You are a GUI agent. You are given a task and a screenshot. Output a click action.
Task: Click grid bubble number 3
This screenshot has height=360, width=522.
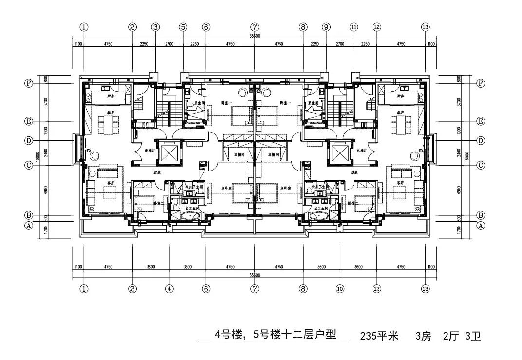pyautogui.click(x=155, y=27)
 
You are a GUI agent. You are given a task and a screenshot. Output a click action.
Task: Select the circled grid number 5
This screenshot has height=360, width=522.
pyautogui.click(x=183, y=27)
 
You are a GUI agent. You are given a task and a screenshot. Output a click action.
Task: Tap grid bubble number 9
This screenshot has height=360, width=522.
pyautogui.click(x=326, y=27)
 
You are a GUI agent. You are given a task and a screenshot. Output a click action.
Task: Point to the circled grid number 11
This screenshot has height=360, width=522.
pyautogui.click(x=354, y=27)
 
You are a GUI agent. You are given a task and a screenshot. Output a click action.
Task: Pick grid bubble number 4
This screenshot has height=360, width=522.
pyautogui.click(x=169, y=289)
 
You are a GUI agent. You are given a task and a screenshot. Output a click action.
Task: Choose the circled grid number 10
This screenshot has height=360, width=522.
pyautogui.click(x=340, y=289)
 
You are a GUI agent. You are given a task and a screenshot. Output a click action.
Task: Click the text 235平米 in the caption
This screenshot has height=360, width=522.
pyautogui.click(x=379, y=336)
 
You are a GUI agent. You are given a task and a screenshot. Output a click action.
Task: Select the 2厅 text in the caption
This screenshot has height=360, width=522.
pyautogui.click(x=450, y=336)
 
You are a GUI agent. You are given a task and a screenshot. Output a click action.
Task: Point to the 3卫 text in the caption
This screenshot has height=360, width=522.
pyautogui.click(x=473, y=336)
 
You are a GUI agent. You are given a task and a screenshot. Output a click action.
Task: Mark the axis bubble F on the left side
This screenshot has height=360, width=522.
pyautogui.click(x=29, y=83)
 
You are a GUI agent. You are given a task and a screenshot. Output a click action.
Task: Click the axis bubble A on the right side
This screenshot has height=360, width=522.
pyautogui.click(x=481, y=226)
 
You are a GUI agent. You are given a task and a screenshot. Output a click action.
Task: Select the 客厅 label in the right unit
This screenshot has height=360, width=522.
pyautogui.click(x=401, y=183)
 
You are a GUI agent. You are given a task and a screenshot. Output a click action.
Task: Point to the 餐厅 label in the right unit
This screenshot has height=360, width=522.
pyautogui.click(x=401, y=112)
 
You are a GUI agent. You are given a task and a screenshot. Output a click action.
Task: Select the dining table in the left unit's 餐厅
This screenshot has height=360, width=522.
pyautogui.click(x=107, y=124)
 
